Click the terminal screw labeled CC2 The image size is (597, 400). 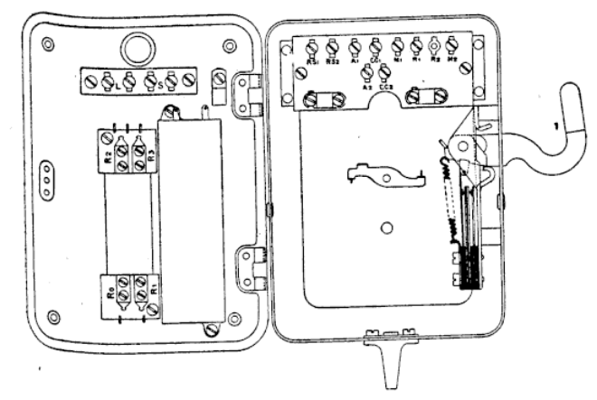click(x=386, y=72)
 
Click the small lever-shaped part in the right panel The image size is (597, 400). click(x=384, y=174)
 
